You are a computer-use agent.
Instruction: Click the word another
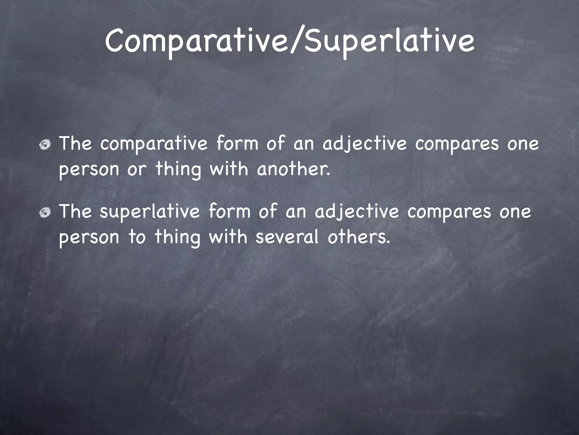click(x=293, y=169)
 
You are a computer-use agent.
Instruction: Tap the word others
click(x=359, y=237)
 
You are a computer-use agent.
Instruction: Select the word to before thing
click(x=137, y=237)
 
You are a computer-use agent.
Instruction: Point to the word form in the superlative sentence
click(x=229, y=212)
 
